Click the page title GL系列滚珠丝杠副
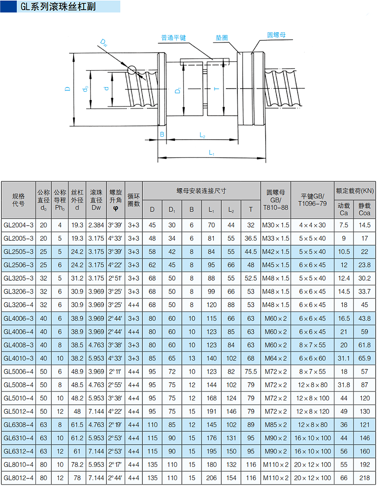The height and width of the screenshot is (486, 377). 58,7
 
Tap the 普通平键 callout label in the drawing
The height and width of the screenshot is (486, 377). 173,38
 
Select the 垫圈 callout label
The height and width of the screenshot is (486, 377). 222,38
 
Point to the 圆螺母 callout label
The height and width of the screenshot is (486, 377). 276,35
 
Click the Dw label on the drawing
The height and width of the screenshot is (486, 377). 104,43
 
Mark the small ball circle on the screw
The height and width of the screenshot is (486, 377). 132,70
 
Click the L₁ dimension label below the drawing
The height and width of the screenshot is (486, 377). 212,153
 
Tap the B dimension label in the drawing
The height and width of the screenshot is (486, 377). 162,134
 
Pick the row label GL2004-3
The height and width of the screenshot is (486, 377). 19,225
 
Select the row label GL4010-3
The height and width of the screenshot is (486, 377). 19,358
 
